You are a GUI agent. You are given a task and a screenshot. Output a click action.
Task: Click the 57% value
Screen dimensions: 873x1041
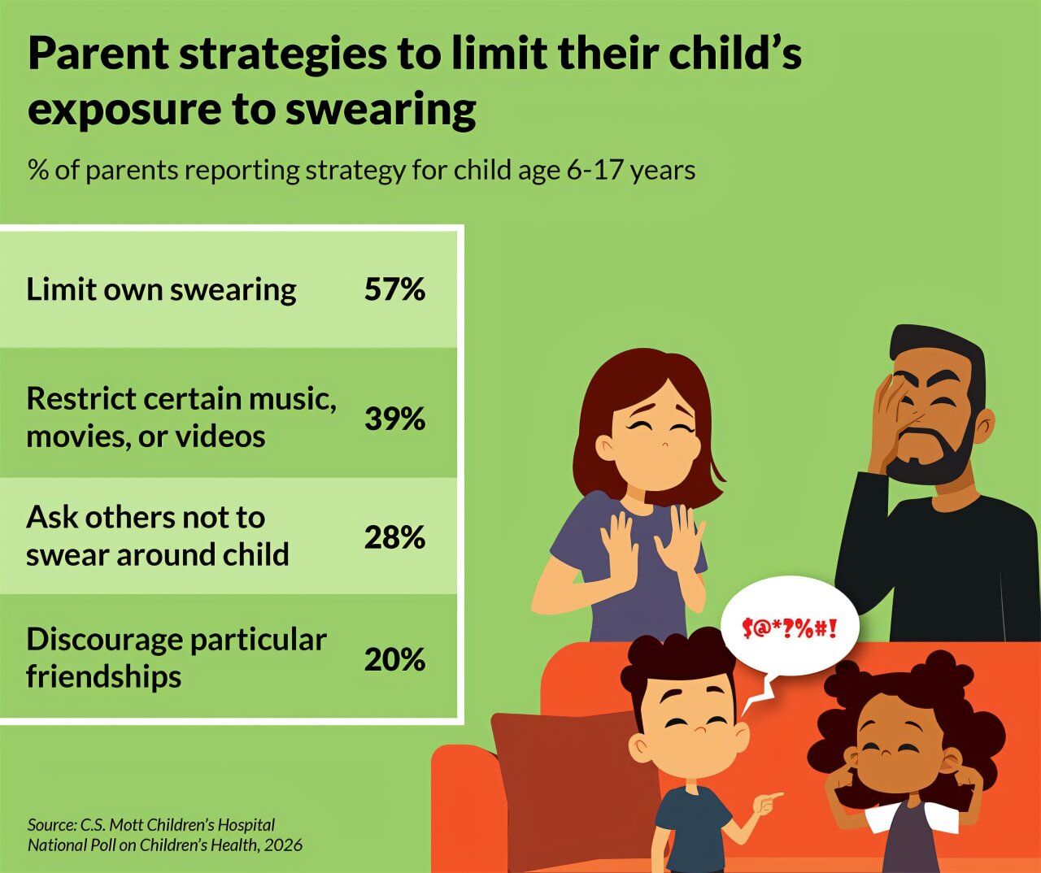394,289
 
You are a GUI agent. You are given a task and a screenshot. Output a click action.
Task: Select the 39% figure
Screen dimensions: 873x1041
394,419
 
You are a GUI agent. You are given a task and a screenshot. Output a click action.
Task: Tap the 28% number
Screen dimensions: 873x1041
394,537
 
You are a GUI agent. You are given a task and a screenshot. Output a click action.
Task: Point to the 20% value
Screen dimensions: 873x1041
394,659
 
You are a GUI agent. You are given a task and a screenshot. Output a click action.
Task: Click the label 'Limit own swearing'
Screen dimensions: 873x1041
161,289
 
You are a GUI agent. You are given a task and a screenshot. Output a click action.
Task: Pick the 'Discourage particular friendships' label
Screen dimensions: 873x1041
176,658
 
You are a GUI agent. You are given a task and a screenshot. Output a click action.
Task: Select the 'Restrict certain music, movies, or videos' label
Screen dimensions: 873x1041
181,417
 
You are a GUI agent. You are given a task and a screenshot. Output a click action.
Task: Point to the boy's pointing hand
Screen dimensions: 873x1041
765,804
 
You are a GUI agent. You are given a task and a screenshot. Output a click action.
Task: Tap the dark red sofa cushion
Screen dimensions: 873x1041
569,780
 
